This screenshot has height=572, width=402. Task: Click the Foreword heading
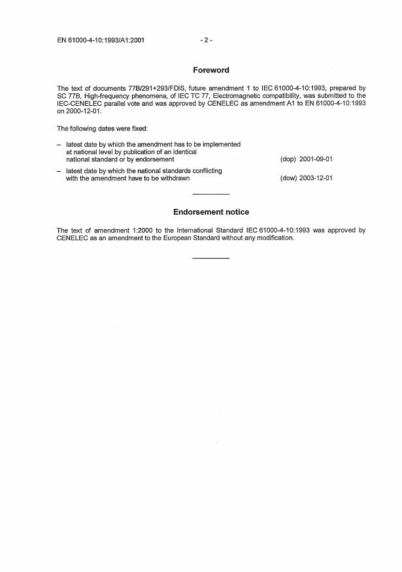210,70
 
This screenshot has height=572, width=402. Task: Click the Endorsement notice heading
210,212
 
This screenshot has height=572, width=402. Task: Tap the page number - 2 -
207,40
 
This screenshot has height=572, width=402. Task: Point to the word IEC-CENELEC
78,103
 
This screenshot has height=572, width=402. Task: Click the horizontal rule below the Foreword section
211,195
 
